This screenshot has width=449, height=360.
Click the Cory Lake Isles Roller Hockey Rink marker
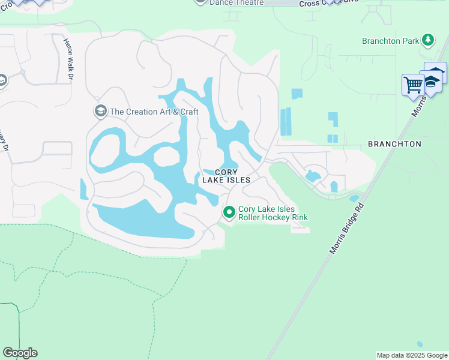[229, 212]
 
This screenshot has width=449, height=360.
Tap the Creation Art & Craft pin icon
[100, 111]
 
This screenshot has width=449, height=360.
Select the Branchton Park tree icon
[427, 40]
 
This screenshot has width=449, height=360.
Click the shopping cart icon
[413, 85]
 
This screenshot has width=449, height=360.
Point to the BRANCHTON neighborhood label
[394, 144]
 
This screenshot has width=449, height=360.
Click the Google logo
[20, 353]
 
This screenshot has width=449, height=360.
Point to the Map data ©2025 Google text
[411, 355]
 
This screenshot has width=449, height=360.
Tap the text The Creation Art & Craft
[154, 112]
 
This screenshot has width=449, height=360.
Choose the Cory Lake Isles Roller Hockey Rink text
[273, 213]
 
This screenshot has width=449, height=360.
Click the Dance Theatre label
[237, 3]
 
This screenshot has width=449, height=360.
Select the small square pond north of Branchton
[297, 94]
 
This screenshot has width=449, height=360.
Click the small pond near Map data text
[419, 344]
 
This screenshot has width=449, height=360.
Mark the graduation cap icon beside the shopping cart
[433, 78]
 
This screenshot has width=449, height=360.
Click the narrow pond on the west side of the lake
[83, 189]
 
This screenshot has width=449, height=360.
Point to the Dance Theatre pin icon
[200, 2]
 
